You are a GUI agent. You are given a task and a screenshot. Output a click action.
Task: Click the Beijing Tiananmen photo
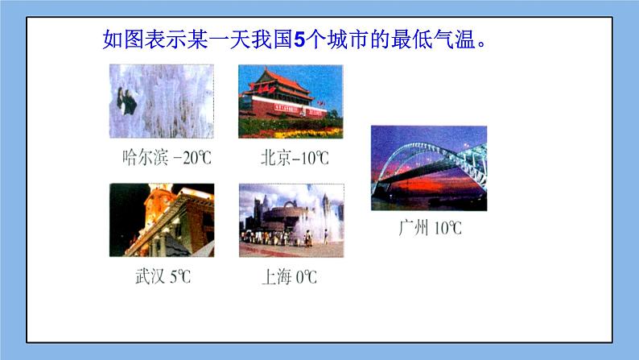pyautogui.click(x=291, y=101)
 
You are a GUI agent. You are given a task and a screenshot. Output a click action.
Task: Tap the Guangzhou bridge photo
pyautogui.click(x=428, y=168)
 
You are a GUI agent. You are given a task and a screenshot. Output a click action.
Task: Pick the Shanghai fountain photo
pyautogui.click(x=291, y=220)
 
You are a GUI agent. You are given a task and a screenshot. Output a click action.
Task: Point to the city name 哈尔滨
pyautogui.click(x=144, y=158)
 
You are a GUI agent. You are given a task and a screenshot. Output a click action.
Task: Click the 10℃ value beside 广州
pyautogui.click(x=448, y=228)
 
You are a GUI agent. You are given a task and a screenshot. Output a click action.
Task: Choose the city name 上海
pyautogui.click(x=277, y=278)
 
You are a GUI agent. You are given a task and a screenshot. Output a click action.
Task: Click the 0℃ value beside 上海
pyautogui.click(x=306, y=278)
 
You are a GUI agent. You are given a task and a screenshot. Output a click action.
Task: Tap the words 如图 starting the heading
pyautogui.click(x=122, y=39)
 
